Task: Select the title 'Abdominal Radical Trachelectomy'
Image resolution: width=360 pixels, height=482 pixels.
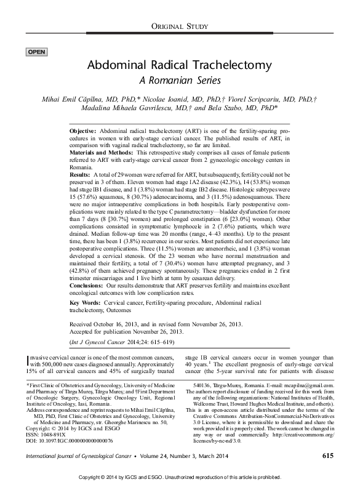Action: pyautogui.click(x=180, y=65)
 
